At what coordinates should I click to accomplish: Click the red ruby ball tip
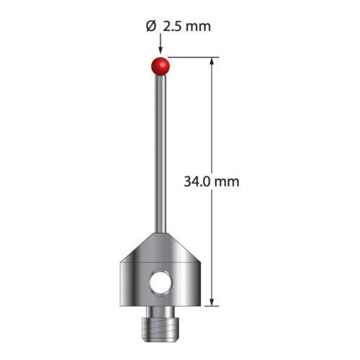pos(161,66)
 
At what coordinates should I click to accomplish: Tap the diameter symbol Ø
pos(151,27)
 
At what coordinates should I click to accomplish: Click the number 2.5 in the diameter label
pos(173,27)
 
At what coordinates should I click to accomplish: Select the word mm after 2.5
pos(198,27)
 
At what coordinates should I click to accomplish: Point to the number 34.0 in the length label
pos(197,181)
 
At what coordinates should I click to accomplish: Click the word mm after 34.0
pos(226,182)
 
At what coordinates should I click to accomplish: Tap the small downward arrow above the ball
pos(161,43)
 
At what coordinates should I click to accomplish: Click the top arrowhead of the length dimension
pos(212,61)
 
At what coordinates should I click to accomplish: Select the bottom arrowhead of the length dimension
pos(212,302)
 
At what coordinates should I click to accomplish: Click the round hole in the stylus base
pos(161,282)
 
